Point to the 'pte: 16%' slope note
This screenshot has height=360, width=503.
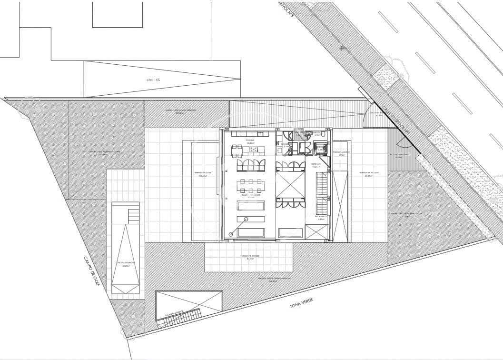pyautogui.click(x=153, y=80)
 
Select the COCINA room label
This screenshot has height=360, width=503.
pyautogui.click(x=250, y=141)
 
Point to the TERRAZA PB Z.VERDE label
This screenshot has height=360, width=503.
pyautogui.click(x=249, y=257)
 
